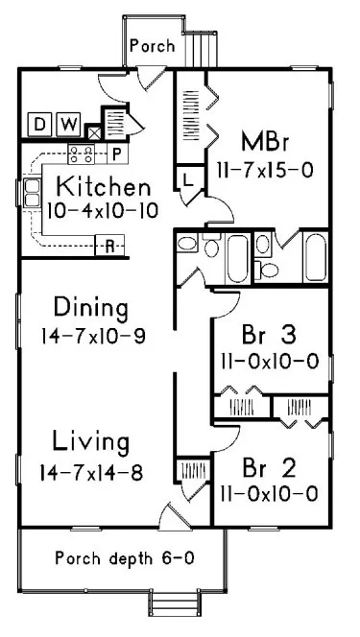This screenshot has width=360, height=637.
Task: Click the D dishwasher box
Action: click(x=39, y=124)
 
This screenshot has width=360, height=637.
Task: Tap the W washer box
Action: click(x=68, y=124)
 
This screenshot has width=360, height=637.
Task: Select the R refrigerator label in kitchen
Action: click(x=110, y=247)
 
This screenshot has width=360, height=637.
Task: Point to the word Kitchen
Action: click(x=101, y=185)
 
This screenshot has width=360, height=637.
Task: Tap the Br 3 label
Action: click(x=263, y=337)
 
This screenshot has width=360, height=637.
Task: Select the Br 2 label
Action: click(x=263, y=469)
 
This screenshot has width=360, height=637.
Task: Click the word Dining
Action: click(x=91, y=309)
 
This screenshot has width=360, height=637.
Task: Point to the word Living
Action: click(x=91, y=443)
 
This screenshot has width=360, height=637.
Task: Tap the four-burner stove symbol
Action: click(x=82, y=153)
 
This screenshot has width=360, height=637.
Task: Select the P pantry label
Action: click(x=112, y=153)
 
